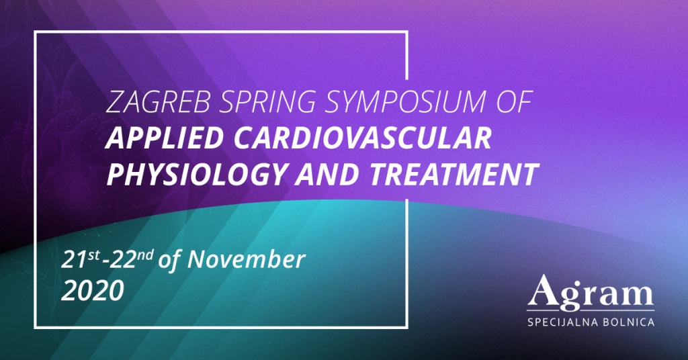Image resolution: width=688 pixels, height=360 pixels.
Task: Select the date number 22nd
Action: pyautogui.click(x=130, y=259)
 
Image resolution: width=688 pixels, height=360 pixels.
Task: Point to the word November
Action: pyautogui.click(x=246, y=259)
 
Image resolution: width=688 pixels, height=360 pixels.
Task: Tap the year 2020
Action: pyautogui.click(x=93, y=290)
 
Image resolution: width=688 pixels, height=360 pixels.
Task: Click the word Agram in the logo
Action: pyautogui.click(x=591, y=291)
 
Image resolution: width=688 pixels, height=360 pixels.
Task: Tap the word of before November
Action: pyautogui.click(x=169, y=259)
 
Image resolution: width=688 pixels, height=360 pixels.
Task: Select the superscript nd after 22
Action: pyautogui.click(x=145, y=255)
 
